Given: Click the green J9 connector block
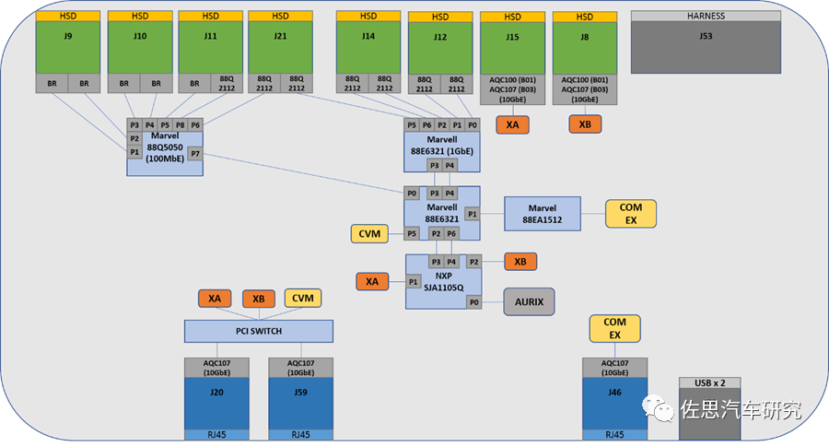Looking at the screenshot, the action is tap(67, 47).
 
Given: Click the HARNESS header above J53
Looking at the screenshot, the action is tap(706, 16).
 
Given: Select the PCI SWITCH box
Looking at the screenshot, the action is tap(259, 331).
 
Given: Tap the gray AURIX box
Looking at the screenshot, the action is tap(529, 301).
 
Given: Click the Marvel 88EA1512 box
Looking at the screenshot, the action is tap(543, 214).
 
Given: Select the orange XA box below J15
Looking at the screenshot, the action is tap(512, 124).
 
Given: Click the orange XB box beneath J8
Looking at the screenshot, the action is tap(585, 124).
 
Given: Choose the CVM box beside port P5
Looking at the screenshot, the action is tap(369, 234).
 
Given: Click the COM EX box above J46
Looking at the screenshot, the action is tap(615, 328).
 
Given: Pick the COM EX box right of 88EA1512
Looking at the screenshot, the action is tap(631, 214).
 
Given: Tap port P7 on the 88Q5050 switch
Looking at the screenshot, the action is tap(195, 154).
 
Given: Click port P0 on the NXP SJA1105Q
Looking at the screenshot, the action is tap(474, 302).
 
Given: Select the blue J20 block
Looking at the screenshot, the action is tap(216, 403).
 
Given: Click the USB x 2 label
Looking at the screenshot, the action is tap(710, 383).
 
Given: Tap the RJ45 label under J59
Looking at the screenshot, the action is tap(301, 435).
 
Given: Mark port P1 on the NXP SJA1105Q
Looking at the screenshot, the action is tap(414, 282).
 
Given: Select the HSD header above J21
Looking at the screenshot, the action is tap(280, 16).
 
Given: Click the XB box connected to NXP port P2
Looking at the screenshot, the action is tap(520, 262).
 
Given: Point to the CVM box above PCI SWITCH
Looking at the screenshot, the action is tap(303, 299).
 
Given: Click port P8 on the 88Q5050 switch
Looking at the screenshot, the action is tap(181, 125).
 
